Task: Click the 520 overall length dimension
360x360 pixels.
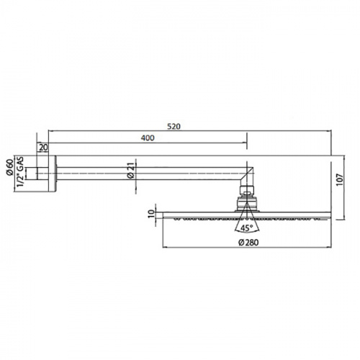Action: [174, 127]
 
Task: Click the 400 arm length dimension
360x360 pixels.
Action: [148, 138]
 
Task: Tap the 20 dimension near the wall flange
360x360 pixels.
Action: [43, 148]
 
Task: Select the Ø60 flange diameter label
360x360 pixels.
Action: [9, 168]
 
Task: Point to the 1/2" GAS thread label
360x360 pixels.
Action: [21, 171]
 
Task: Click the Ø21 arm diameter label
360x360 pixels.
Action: [131, 171]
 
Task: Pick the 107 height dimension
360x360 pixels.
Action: [340, 180]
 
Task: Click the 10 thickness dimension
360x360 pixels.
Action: [151, 214]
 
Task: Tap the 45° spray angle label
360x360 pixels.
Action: [246, 228]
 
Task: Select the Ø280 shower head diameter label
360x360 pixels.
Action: [248, 243]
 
